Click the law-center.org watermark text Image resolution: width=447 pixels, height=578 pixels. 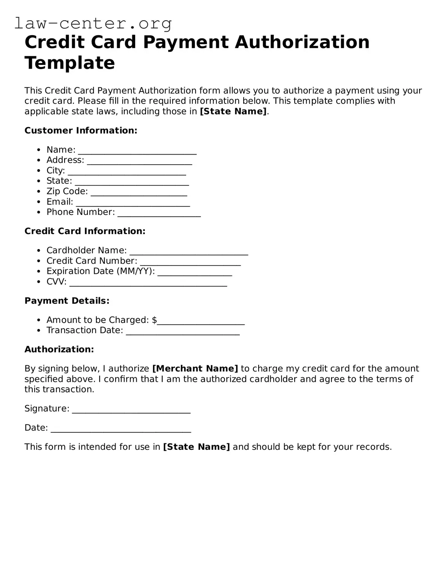coord(93,23)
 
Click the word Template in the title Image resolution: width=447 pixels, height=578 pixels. coord(69,63)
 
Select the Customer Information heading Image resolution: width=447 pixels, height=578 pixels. coord(81,131)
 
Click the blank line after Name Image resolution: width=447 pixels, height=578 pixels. coord(137,151)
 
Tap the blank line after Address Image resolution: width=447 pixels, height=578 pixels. coord(139,161)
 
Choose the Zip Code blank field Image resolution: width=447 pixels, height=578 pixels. coord(139,192)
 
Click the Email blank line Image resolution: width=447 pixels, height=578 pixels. coord(133,203)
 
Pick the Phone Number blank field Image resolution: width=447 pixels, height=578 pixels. coord(159,213)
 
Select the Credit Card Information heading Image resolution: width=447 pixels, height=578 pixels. coord(85,231)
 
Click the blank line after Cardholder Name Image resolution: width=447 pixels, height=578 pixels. coord(189,252)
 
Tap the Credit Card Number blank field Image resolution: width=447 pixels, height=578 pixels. coord(190,262)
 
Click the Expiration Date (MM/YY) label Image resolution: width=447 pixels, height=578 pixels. coord(101,271)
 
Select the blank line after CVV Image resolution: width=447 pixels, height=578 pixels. coord(148,283)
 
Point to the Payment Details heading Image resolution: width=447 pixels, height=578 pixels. coord(67,301)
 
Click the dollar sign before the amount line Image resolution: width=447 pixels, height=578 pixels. coord(154,320)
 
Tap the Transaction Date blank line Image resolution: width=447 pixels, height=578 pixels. coord(183,332)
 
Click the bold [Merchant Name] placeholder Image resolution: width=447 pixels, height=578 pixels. coord(195,369)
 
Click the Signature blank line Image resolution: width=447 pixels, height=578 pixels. coord(131,410)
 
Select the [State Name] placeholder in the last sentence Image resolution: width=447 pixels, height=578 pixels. coord(196,447)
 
